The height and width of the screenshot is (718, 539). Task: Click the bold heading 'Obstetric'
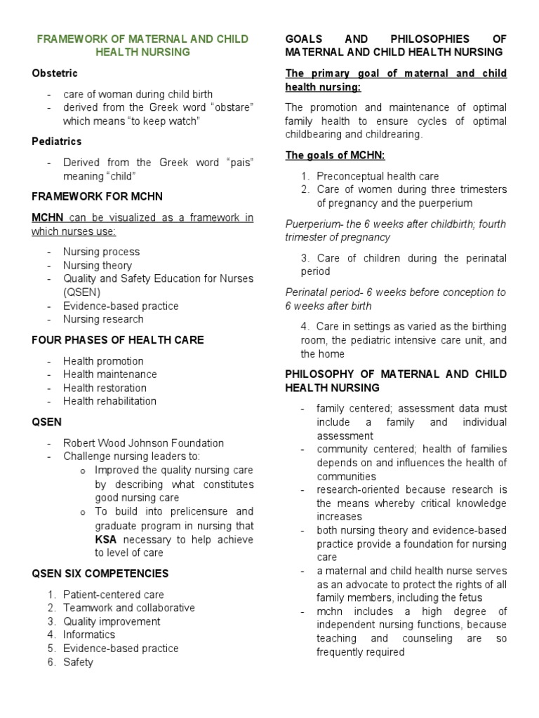55,74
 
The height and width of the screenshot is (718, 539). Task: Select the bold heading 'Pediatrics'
57,142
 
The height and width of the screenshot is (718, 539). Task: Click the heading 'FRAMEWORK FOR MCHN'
88,197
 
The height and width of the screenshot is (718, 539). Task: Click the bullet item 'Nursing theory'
98,266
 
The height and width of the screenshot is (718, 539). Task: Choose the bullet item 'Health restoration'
105,388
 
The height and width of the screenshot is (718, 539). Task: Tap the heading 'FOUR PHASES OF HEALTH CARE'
118,340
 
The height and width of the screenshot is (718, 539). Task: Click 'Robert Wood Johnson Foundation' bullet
143,443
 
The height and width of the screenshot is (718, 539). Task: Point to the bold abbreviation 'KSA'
106,540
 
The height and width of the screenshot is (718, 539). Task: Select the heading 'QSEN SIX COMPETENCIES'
100,574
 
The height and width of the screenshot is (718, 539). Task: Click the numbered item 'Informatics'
89,635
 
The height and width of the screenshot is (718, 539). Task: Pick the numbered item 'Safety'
78,662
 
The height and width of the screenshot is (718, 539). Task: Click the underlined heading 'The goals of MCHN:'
335,155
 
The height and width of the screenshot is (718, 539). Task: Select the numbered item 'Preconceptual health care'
378,177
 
